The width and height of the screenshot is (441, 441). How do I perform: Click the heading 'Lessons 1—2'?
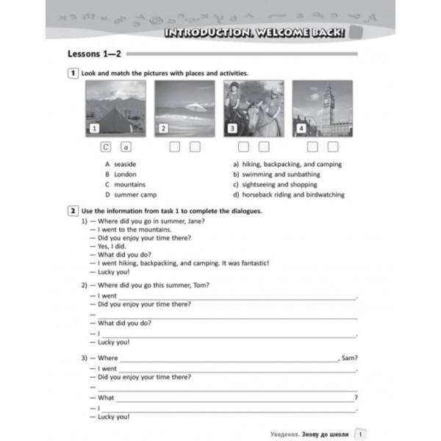coord(95,54)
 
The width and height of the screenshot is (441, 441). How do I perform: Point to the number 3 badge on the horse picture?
coord(232,129)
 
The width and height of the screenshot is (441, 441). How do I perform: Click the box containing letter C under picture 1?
coord(107,147)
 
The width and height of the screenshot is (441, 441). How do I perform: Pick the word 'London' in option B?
coord(125,174)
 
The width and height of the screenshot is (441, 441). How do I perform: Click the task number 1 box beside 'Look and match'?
coord(73,73)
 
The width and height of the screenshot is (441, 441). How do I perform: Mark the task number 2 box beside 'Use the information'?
coord(73,211)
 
